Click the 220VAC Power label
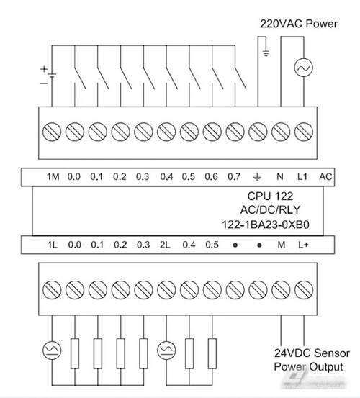(298, 24)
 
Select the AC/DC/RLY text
(271, 210)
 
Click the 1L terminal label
(52, 245)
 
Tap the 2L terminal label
(166, 245)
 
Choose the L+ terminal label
(303, 245)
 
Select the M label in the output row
(281, 245)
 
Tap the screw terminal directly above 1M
(52, 132)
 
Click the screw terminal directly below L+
(303, 289)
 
